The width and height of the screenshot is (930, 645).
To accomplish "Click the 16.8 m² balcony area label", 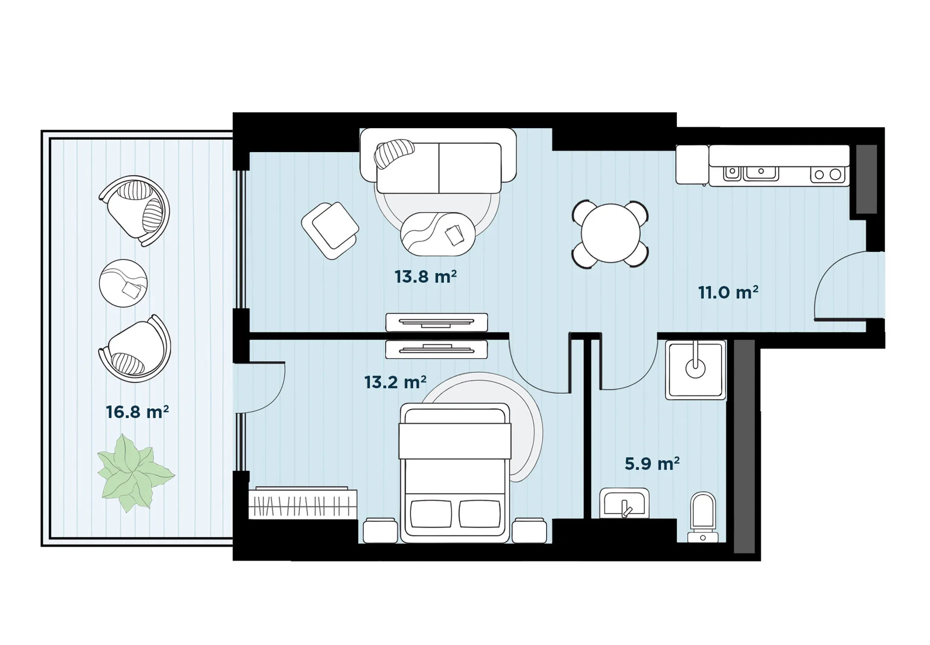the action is tap(138, 412).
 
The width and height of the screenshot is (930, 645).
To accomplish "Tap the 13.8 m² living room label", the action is tap(426, 277).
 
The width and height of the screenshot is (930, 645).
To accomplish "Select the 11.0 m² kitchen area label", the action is tap(728, 292).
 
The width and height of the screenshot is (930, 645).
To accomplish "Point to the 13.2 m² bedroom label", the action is tap(395, 382).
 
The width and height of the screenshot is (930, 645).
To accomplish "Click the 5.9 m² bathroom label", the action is tap(652, 463).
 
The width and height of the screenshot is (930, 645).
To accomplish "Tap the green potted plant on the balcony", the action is tap(135, 472).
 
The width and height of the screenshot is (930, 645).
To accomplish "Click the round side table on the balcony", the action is tap(123, 283).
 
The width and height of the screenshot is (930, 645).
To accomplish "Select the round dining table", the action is tap(610, 233).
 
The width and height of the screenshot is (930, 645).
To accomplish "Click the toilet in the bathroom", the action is tap(703, 517).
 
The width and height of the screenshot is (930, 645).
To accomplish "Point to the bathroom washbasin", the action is tap(624, 503).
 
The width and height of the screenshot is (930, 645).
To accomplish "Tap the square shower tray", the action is tap(695, 370).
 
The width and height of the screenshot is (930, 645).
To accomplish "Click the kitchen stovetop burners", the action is tap(828, 174).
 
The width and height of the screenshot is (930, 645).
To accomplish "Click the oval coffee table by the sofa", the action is tap(438, 234).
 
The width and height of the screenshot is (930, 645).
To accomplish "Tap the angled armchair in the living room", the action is tap(330, 230).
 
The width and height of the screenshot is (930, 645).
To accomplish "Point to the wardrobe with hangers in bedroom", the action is tap(302, 503).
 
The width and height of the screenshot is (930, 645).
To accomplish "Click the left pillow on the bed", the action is tap(431, 514).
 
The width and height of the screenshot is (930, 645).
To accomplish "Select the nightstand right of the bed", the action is tap(529, 531).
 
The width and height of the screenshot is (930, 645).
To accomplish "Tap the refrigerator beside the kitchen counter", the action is tap(692, 164).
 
